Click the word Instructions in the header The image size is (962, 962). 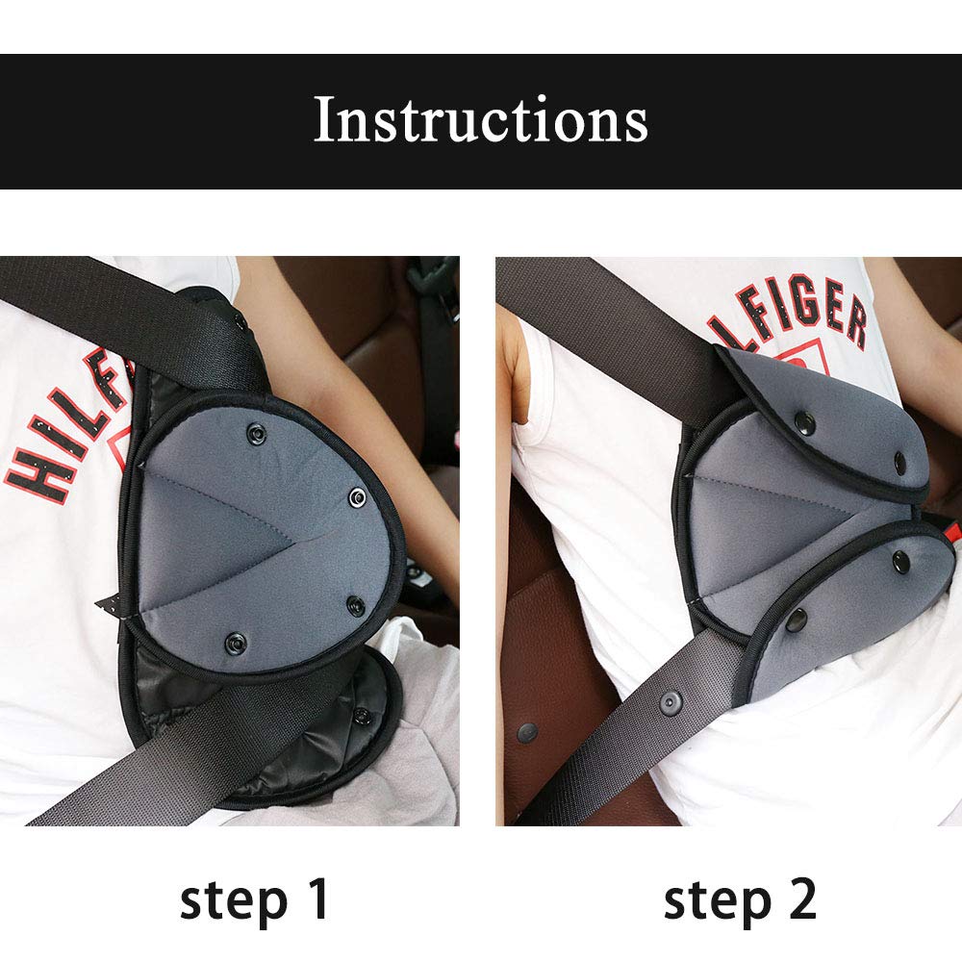[x=480, y=121]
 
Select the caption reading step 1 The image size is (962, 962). [x=255, y=900]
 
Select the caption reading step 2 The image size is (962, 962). [x=740, y=900]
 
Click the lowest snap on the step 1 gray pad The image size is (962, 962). [x=235, y=642]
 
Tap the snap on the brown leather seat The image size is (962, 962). [x=526, y=733]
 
